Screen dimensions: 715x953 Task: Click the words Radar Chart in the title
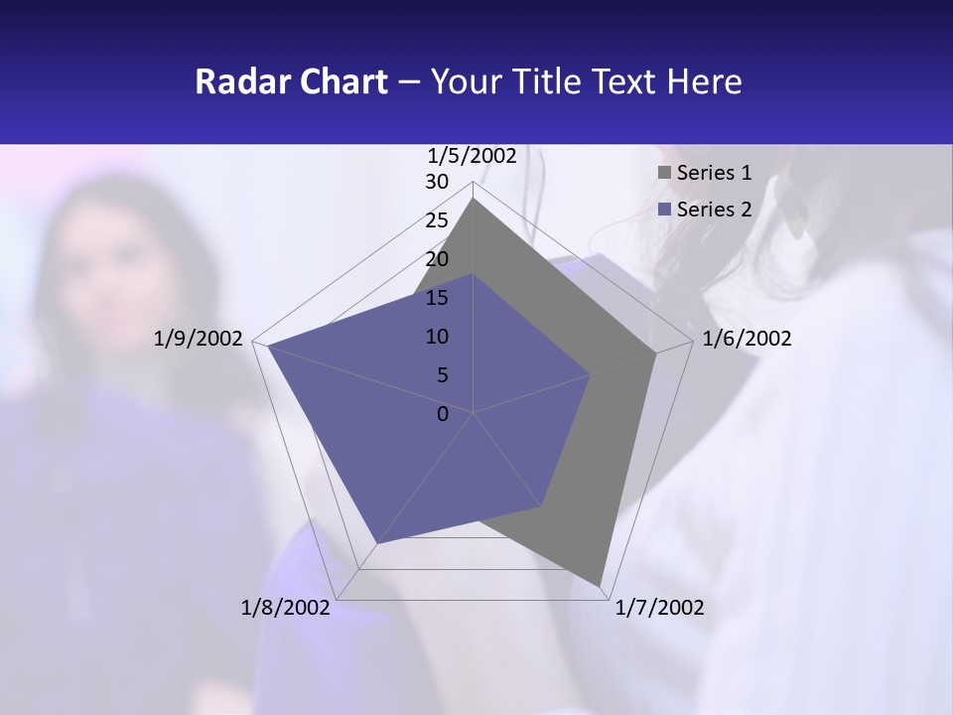pos(291,81)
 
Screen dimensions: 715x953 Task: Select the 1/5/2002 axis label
pos(473,155)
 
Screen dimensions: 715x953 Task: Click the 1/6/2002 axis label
pos(747,339)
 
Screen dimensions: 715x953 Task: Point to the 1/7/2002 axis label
pos(659,608)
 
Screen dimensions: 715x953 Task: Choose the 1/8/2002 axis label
pos(286,608)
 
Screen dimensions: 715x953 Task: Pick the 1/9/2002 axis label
pos(199,339)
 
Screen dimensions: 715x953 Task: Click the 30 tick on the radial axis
pos(437,182)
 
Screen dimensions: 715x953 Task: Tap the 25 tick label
pos(437,220)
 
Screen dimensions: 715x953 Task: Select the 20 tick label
pos(437,259)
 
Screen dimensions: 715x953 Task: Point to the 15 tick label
pos(437,298)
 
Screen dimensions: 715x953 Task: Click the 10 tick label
pos(437,337)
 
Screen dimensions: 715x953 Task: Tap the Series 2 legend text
pos(714,210)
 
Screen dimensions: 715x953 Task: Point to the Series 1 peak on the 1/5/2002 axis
pos(473,198)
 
